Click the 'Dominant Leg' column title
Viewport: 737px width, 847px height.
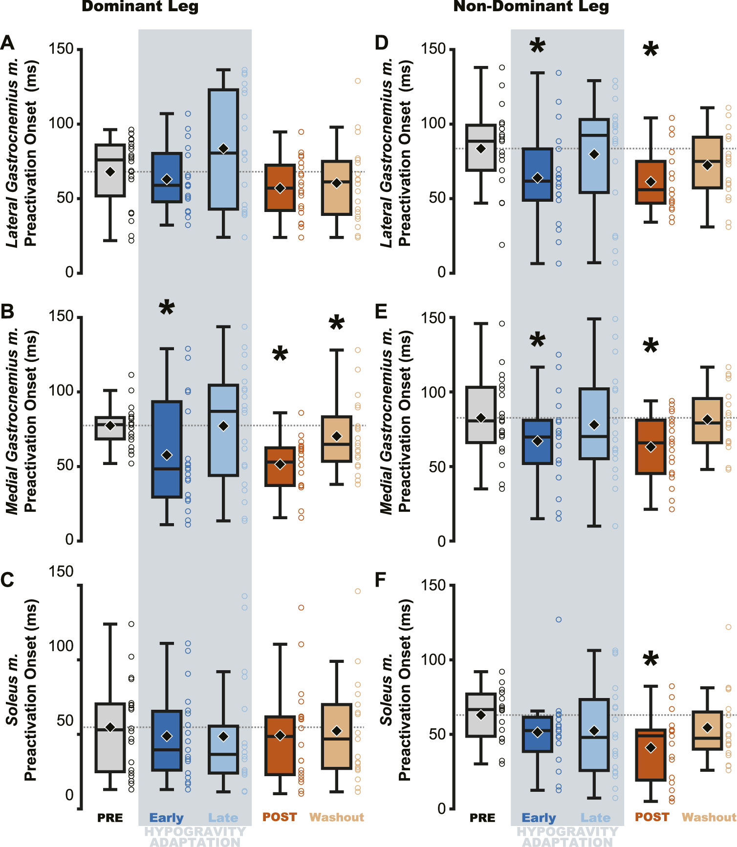[x=140, y=6]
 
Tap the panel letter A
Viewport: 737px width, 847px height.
[x=8, y=43]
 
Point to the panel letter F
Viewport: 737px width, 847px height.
[x=380, y=580]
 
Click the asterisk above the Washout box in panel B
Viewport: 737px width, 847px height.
[x=336, y=323]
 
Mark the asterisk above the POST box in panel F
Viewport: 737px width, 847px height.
[x=650, y=660]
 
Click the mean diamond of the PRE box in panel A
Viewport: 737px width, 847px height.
[x=110, y=172]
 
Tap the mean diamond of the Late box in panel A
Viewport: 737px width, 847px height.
[x=223, y=148]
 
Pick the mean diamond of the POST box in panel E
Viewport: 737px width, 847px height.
[x=650, y=447]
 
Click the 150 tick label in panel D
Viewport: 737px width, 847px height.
[x=434, y=49]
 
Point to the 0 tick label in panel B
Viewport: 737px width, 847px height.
[x=69, y=540]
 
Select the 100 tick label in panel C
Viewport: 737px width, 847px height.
[x=61, y=646]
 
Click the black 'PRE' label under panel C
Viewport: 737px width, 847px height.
[x=110, y=818]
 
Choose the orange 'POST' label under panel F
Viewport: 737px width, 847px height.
[x=651, y=817]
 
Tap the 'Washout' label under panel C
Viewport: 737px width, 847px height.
[x=337, y=817]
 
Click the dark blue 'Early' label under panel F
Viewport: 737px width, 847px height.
[x=539, y=818]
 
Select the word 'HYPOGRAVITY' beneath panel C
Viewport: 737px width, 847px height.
[x=195, y=831]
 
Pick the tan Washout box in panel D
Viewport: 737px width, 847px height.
[x=707, y=162]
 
